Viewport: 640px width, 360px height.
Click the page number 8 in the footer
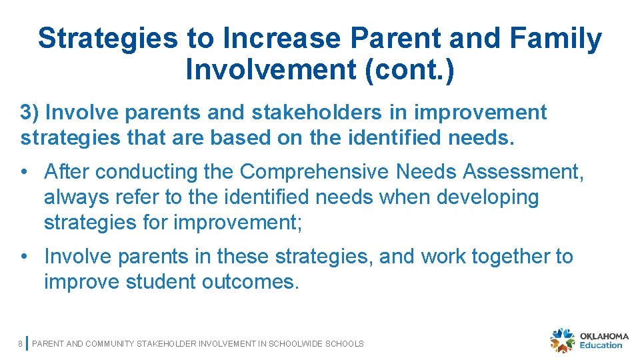[21, 344]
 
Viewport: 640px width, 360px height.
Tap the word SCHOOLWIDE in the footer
[295, 344]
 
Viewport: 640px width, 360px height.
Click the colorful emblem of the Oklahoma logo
[562, 340]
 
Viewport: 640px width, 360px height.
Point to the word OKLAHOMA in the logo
[605, 336]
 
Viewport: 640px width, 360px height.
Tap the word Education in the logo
[601, 345]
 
